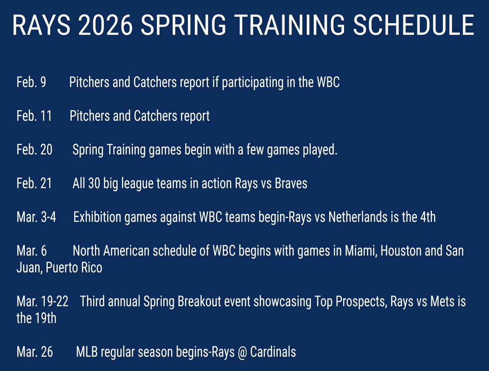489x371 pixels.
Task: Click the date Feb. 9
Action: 31,82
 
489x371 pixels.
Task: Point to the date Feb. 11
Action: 34,116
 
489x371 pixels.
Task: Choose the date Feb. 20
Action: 34,150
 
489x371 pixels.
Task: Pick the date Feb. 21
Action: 34,184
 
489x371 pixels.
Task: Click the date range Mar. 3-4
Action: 36,217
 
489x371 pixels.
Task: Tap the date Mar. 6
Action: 32,251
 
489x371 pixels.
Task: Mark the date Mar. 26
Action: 35,352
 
